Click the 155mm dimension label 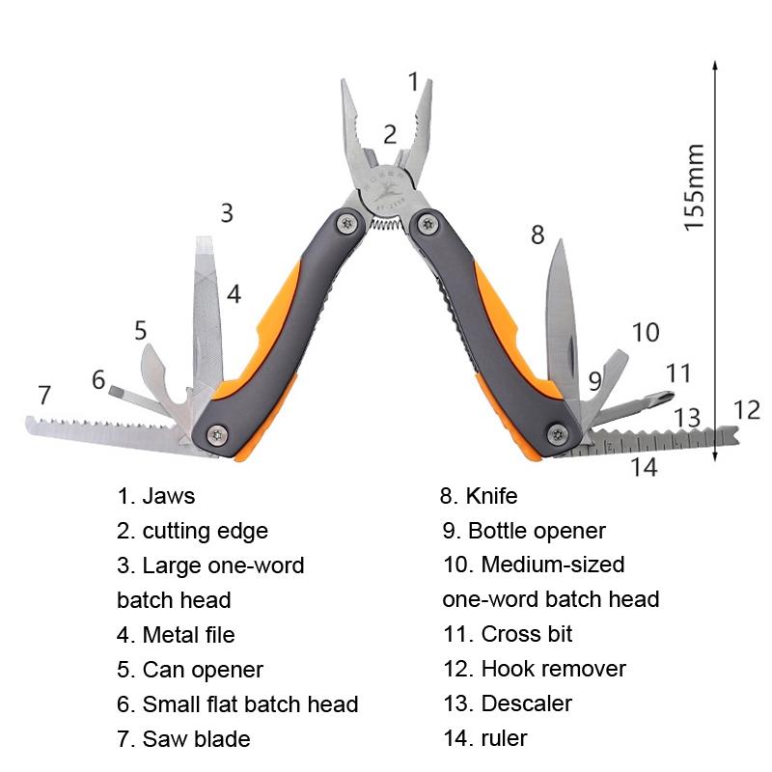695,185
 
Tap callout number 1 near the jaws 414,82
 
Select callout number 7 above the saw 43,395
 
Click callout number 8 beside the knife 538,234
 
